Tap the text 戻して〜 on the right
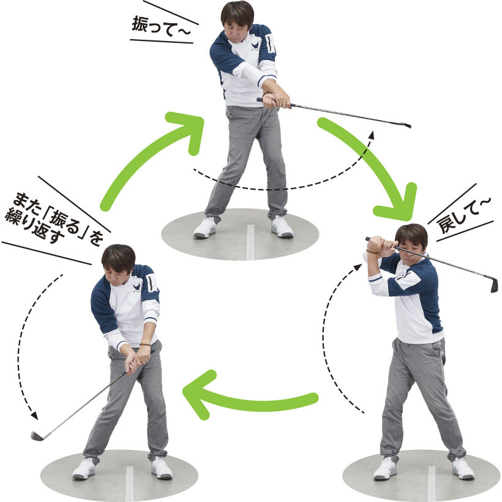point(463,214)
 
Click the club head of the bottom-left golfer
point(37,435)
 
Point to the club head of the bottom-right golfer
point(495,285)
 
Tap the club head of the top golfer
point(407,125)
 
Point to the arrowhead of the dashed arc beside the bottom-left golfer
point(34,416)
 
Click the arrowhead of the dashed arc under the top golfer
point(372,135)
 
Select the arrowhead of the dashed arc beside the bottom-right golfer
point(359,268)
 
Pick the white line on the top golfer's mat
point(250,242)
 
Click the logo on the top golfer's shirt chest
point(255,47)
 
